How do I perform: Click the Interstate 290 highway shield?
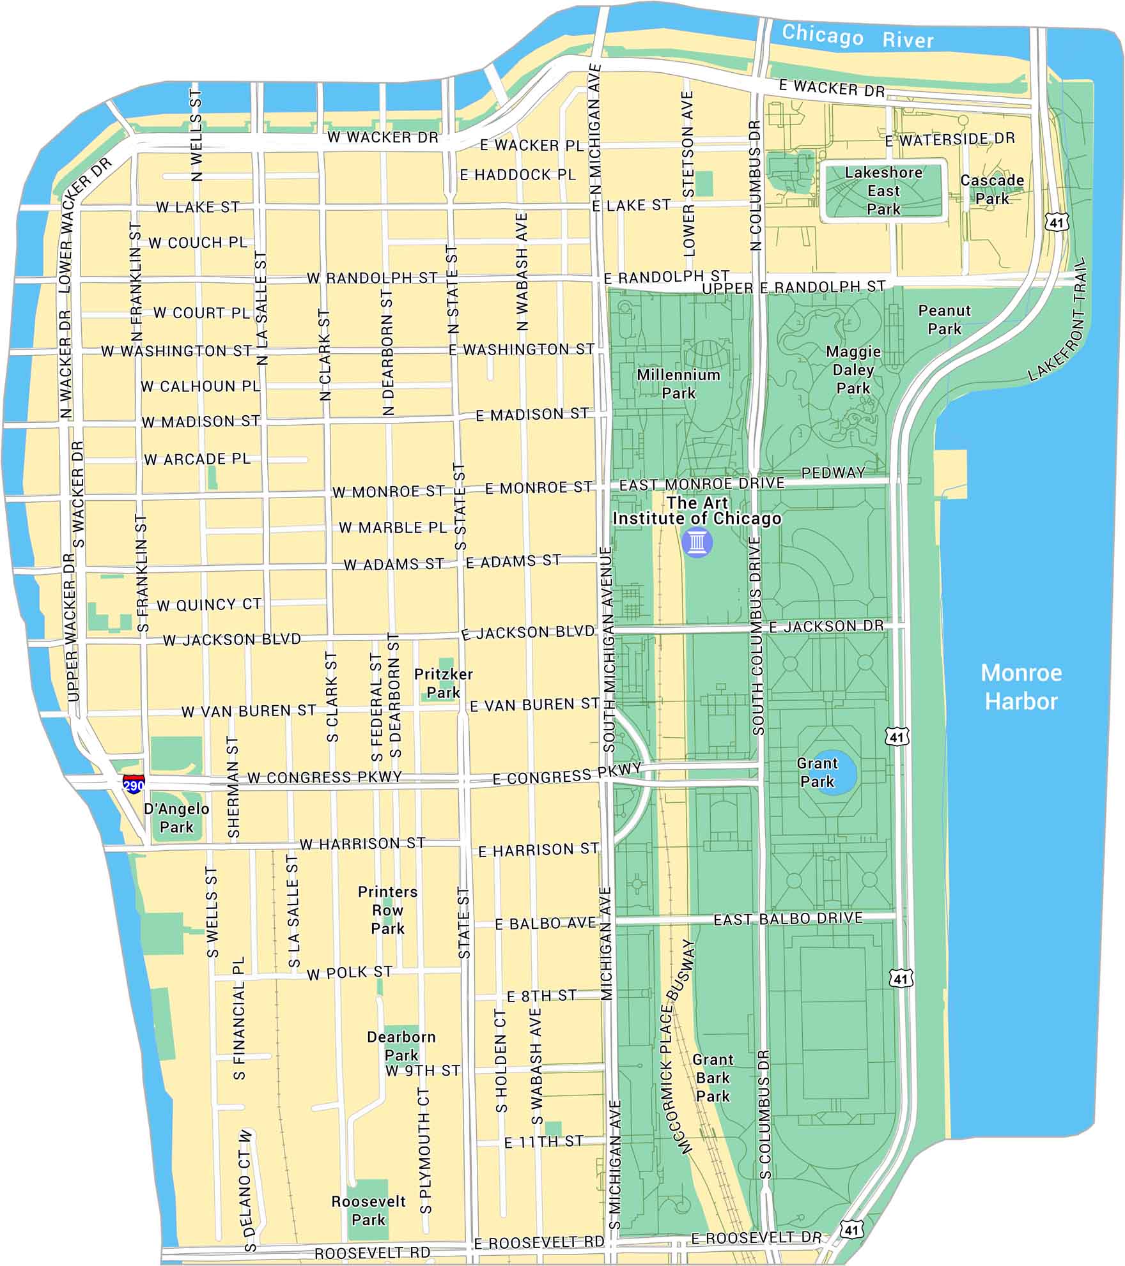(x=134, y=784)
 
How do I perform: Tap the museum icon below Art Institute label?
(x=697, y=544)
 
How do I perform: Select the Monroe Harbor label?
(x=1021, y=687)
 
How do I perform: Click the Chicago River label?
(x=857, y=36)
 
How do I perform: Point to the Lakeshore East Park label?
(x=883, y=190)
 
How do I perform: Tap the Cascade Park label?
(x=991, y=189)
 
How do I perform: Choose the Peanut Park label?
(x=944, y=319)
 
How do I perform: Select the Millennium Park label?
(x=678, y=383)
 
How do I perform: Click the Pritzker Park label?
(x=443, y=683)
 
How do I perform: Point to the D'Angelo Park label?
(x=176, y=818)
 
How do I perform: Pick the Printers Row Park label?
(x=387, y=910)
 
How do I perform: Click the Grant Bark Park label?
(x=713, y=1078)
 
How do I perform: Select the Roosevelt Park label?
(x=368, y=1210)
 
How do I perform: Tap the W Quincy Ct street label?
(x=209, y=604)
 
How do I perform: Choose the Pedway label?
(x=833, y=473)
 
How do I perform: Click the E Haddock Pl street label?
(x=518, y=174)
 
